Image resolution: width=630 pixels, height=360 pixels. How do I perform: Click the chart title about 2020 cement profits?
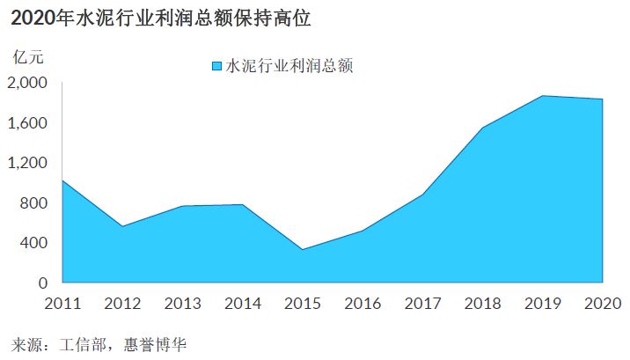coord(161,18)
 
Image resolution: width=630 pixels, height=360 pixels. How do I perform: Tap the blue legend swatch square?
coord(217,66)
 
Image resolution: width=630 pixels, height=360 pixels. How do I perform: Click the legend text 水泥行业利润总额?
coord(289,66)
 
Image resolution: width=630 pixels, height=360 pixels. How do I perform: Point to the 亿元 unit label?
coord(28,57)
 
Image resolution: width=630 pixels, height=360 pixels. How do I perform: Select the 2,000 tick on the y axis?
coord(27,83)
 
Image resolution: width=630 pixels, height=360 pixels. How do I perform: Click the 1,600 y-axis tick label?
coord(27,123)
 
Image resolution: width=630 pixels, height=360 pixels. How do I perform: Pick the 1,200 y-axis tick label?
coord(27,163)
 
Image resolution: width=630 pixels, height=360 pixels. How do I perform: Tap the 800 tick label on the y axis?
coord(33,203)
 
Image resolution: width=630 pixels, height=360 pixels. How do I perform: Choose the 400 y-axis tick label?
coord(33,243)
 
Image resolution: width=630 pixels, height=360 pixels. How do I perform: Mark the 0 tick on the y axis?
coord(43,283)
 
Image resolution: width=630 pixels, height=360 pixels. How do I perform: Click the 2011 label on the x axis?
coord(62,304)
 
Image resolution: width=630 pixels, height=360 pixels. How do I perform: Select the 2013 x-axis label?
coord(182,304)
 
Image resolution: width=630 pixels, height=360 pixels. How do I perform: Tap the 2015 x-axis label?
coord(303,304)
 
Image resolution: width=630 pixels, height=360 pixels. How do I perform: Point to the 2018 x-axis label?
coord(482,304)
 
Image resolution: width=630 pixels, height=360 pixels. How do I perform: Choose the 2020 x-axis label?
coord(603,304)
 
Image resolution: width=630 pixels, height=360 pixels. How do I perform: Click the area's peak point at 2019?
coord(543,96)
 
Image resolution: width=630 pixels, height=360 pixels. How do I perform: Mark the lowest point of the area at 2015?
coord(303,249)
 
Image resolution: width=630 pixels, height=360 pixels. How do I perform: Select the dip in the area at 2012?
coord(122,226)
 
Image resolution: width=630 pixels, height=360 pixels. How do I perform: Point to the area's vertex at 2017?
coord(422,195)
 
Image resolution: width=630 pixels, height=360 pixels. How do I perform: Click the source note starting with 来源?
coord(99,345)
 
